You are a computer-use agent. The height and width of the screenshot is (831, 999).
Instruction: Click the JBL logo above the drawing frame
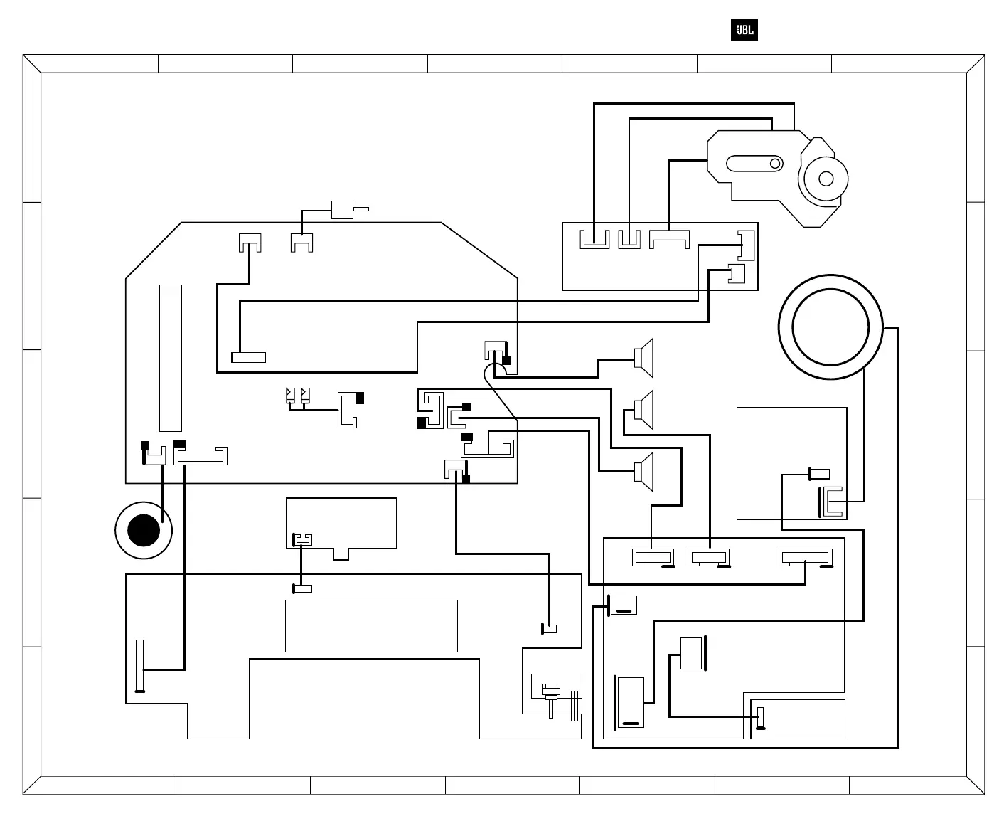point(744,31)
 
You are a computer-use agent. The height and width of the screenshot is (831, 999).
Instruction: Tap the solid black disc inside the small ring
point(144,531)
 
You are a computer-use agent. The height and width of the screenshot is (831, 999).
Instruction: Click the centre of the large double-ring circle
point(830,328)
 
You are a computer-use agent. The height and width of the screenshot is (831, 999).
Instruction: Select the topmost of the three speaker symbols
point(644,357)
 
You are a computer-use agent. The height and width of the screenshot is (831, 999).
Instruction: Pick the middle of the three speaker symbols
point(644,410)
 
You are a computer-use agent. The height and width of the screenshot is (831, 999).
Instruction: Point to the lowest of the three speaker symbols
point(644,471)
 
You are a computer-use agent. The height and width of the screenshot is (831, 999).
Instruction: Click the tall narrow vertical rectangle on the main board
point(170,358)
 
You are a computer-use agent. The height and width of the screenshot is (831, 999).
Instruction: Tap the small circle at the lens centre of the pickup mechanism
point(826,179)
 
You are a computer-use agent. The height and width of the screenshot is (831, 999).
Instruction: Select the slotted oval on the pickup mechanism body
point(754,164)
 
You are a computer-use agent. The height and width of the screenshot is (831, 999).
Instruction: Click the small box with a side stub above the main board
point(342,210)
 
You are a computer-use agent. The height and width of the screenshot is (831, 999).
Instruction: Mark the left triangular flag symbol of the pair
point(289,396)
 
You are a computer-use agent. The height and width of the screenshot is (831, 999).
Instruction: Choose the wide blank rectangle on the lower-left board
point(371,625)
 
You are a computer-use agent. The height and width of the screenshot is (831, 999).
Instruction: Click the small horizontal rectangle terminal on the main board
point(248,357)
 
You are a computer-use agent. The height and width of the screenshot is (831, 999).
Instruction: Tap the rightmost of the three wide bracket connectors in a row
point(806,558)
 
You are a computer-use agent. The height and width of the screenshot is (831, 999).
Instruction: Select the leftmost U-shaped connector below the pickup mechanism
point(594,239)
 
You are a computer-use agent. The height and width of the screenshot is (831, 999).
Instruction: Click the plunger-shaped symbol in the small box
point(551,694)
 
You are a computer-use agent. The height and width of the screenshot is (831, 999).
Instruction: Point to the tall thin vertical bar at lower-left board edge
point(140,665)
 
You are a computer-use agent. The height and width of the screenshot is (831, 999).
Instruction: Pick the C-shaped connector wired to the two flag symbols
point(348,410)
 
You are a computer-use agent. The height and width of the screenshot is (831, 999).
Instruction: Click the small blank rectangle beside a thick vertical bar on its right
point(690,653)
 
